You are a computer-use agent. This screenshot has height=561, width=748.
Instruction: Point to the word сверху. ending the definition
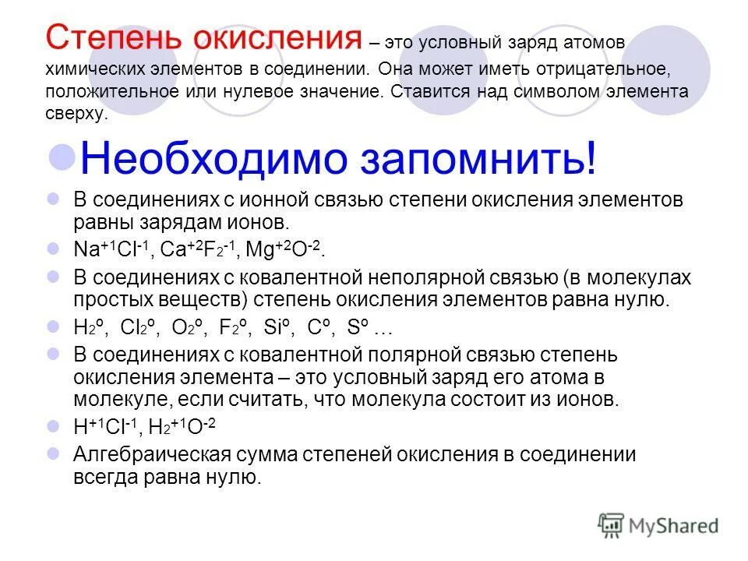tap(75, 112)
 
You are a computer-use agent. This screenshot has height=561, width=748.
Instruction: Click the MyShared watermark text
tap(673, 526)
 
